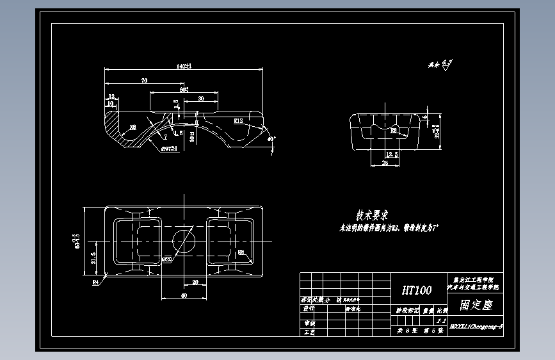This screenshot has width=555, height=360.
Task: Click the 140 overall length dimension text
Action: click(184, 66)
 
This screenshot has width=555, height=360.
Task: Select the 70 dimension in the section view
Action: click(145, 81)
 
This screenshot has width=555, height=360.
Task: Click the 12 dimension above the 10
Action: click(112, 96)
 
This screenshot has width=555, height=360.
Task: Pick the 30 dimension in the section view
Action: click(201, 98)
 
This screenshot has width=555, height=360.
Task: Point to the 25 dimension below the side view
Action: click(385, 163)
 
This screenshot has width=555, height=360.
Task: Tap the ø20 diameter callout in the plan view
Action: click(166, 259)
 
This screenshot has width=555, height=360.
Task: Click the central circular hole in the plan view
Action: click(184, 241)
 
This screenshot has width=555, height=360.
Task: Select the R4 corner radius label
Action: click(96, 281)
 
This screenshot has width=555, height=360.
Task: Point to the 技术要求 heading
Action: click(373, 215)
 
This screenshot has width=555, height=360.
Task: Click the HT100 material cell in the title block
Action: click(416, 290)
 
